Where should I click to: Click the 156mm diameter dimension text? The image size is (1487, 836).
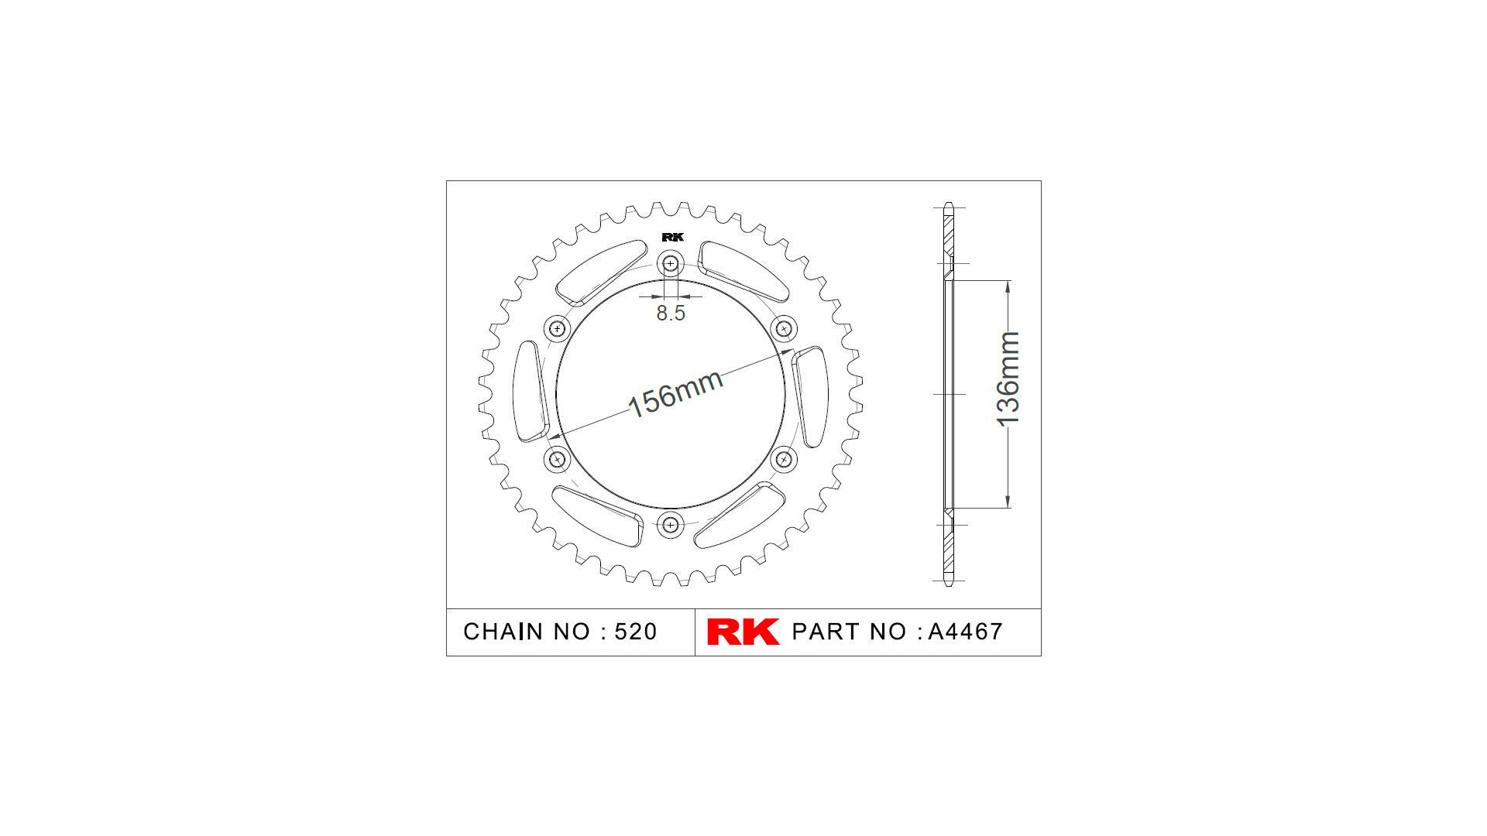pyautogui.click(x=675, y=393)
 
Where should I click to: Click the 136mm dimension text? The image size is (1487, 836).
pyautogui.click(x=1008, y=379)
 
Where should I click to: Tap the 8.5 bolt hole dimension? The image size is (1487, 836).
pyautogui.click(x=671, y=313)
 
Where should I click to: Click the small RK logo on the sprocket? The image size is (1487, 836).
pyautogui.click(x=672, y=238)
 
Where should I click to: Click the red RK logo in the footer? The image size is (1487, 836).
pyautogui.click(x=743, y=632)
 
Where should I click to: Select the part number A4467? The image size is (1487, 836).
pyautogui.click(x=965, y=632)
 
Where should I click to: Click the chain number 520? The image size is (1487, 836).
pyautogui.click(x=635, y=632)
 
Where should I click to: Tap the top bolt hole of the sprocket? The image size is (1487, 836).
pyautogui.click(x=671, y=264)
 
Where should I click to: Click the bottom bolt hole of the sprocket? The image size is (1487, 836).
pyautogui.click(x=671, y=525)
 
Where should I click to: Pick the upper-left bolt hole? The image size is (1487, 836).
pyautogui.click(x=557, y=329)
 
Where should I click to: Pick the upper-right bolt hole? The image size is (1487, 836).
pyautogui.click(x=784, y=329)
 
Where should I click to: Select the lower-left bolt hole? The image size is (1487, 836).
pyautogui.click(x=557, y=460)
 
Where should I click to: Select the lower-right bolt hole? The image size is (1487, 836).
pyautogui.click(x=784, y=460)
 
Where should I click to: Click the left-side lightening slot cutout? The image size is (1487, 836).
pyautogui.click(x=531, y=392)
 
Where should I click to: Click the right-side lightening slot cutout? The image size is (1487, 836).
pyautogui.click(x=811, y=396)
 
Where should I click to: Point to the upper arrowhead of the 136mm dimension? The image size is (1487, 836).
pyautogui.click(x=1008, y=286)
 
